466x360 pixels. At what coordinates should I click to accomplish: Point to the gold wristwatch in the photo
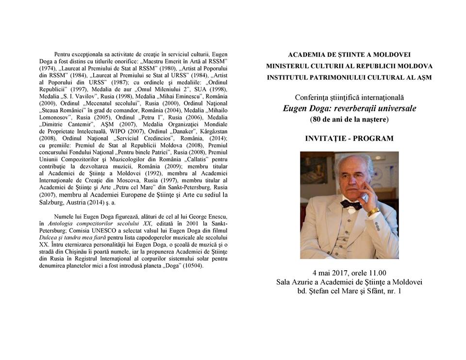point(373,212)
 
